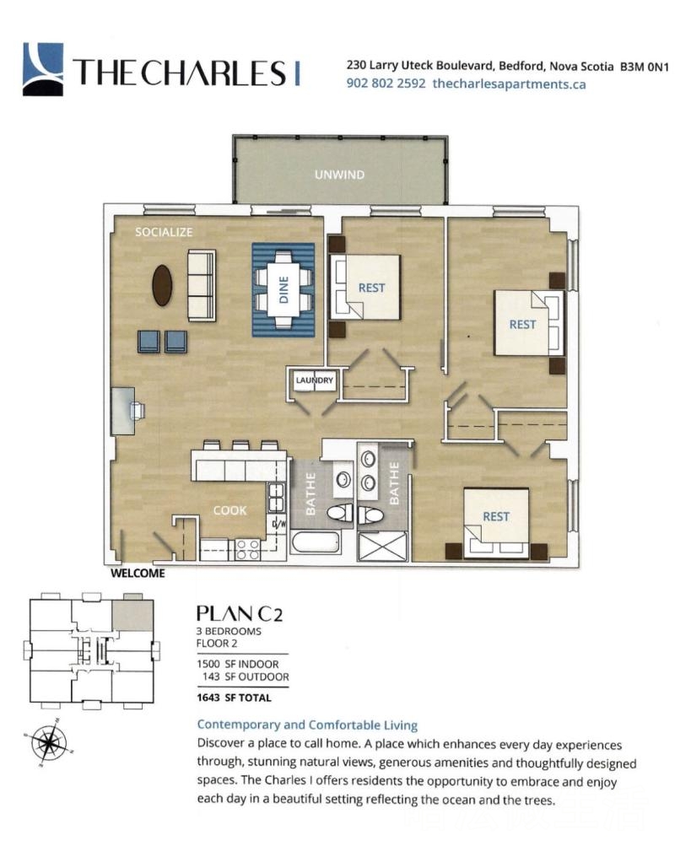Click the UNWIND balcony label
tap(339, 175)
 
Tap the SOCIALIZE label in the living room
tap(164, 232)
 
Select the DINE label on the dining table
tap(283, 289)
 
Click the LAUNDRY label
tap(314, 380)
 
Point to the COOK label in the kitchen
tap(229, 510)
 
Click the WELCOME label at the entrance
tap(138, 574)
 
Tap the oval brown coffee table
tap(162, 285)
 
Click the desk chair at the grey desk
tap(138, 409)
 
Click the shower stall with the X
tap(382, 547)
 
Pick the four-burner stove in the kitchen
tap(247, 549)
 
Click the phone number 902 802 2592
tap(386, 84)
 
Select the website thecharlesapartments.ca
tap(509, 84)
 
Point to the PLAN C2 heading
tap(240, 613)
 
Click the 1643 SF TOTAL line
tap(234, 698)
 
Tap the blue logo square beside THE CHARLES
tap(43, 69)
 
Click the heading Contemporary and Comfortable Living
tap(307, 725)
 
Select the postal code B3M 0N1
tap(645, 67)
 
